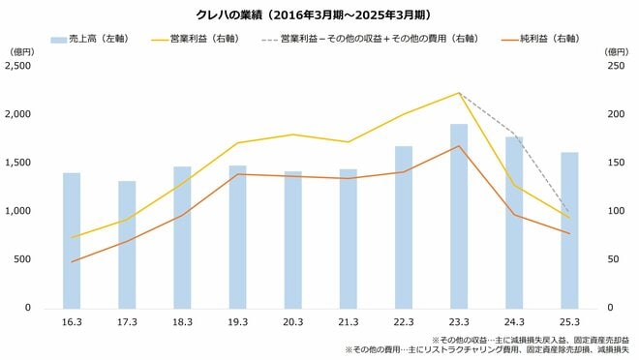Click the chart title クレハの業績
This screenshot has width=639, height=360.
pyautogui.click(x=319, y=15)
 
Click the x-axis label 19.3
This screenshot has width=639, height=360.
pyautogui.click(x=237, y=321)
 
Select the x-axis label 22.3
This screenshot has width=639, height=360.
pyautogui.click(x=403, y=321)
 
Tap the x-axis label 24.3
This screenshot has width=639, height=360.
pyautogui.click(x=513, y=321)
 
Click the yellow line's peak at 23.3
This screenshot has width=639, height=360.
pyautogui.click(x=458, y=93)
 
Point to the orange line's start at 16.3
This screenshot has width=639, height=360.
pyautogui.click(x=72, y=261)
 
